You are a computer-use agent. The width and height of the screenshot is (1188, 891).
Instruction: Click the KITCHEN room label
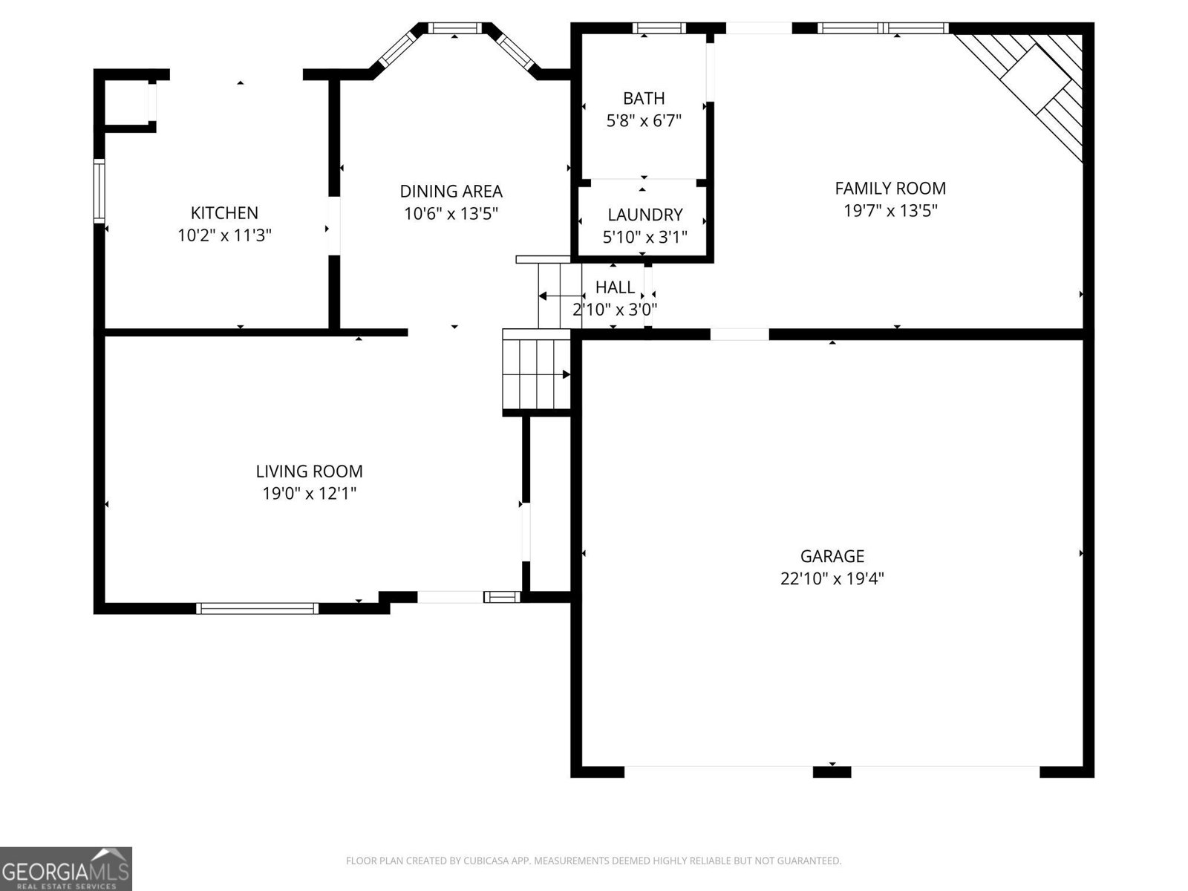pyautogui.click(x=224, y=213)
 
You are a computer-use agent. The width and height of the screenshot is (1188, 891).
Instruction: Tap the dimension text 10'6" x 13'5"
pyautogui.click(x=451, y=215)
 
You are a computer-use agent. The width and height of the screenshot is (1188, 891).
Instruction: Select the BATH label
pyautogui.click(x=644, y=98)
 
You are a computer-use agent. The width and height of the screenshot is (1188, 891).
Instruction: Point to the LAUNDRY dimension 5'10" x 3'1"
pyautogui.click(x=644, y=238)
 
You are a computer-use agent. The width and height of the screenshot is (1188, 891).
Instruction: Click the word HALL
pyautogui.click(x=615, y=287)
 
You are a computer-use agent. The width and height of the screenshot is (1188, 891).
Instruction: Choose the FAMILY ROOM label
pyautogui.click(x=890, y=189)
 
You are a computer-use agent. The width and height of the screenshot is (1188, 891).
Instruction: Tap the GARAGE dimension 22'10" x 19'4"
pyautogui.click(x=832, y=578)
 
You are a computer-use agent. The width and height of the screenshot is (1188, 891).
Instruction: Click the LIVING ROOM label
pyautogui.click(x=309, y=471)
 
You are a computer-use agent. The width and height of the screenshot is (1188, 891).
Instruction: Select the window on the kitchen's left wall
pyautogui.click(x=99, y=190)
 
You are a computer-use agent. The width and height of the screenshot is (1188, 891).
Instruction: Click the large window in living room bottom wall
pyautogui.click(x=258, y=608)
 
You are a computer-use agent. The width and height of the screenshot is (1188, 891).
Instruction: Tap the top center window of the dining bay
pyautogui.click(x=455, y=28)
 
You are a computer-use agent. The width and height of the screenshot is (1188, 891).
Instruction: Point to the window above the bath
pyautogui.click(x=659, y=28)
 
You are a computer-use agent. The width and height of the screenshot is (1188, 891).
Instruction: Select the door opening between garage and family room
pyautogui.click(x=740, y=335)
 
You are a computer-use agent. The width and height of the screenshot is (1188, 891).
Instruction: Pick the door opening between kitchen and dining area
pyautogui.click(x=334, y=226)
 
